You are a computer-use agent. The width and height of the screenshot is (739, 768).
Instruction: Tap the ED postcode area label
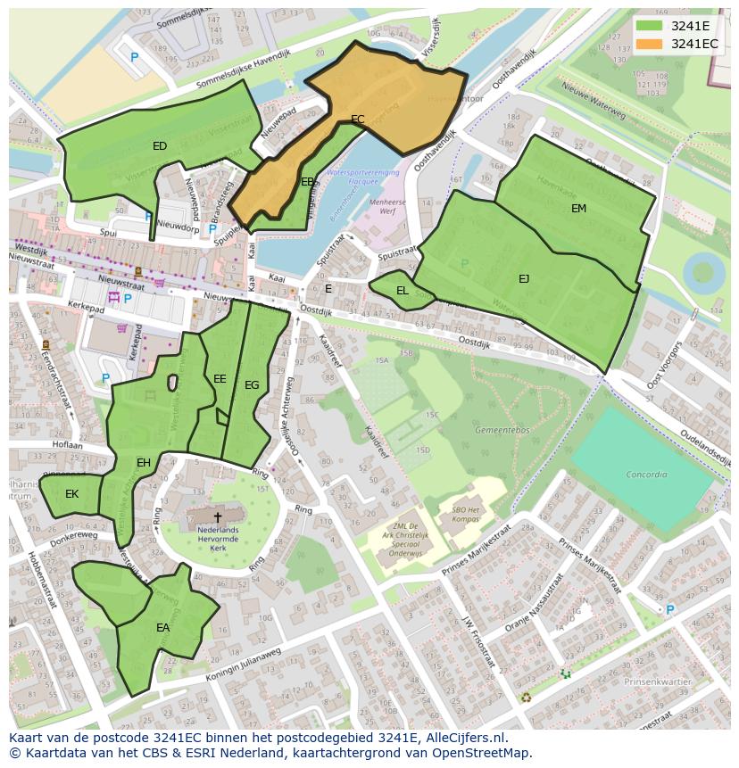pos(160,146)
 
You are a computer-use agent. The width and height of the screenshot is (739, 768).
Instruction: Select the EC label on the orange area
pos(358,119)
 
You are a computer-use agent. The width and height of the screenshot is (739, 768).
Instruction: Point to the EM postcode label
pos(579,208)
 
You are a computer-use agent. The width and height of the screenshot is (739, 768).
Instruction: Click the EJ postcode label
pos(524,279)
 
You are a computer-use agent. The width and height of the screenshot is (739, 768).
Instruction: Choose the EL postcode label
pos(403,291)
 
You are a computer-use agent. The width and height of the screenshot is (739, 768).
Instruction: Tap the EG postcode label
pos(252,385)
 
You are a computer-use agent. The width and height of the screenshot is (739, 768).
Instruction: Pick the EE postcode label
pos(220,379)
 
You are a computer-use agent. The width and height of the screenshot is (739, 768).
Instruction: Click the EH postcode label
pos(144,462)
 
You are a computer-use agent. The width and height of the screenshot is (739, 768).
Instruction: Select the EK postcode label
pos(71,493)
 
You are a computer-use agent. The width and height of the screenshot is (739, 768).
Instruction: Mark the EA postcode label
pos(162,628)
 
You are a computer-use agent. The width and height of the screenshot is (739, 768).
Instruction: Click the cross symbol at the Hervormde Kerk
pos(217,516)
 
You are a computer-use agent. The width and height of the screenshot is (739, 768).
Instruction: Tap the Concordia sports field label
pos(646,475)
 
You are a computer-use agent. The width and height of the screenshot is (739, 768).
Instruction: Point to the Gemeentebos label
pos(477,429)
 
